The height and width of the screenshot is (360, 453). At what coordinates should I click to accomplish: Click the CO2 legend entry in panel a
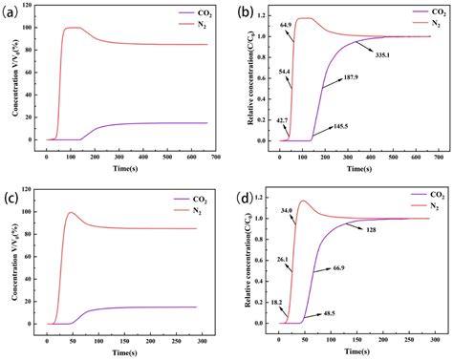[x=183, y=12]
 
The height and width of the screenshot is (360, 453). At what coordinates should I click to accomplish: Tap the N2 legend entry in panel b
[x=412, y=21]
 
